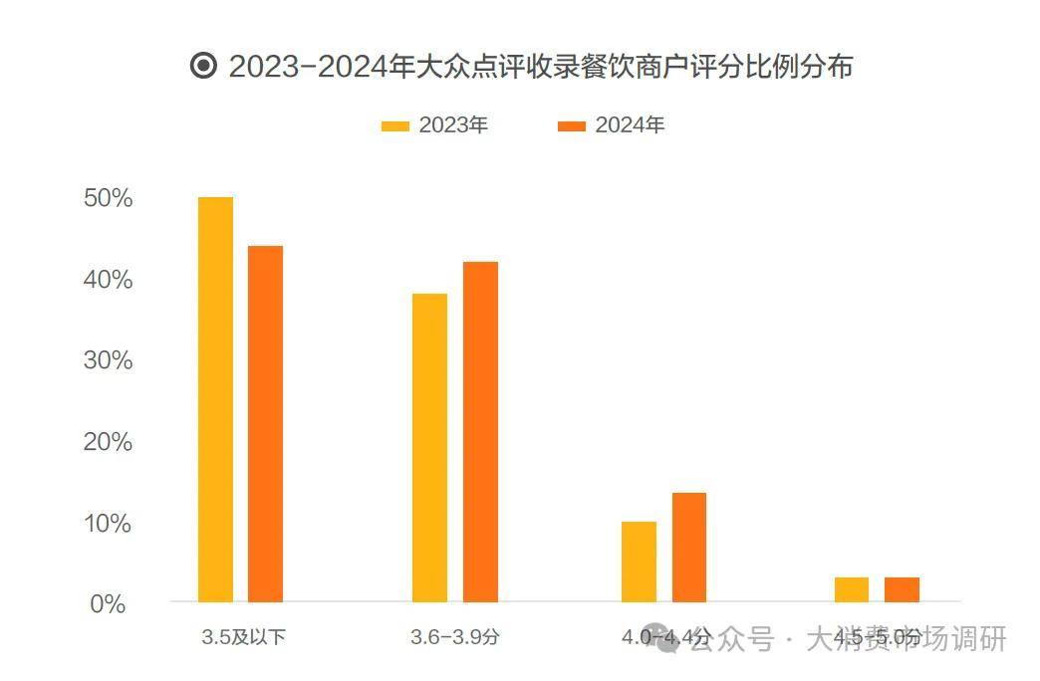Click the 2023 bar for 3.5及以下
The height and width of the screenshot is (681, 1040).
pos(215,399)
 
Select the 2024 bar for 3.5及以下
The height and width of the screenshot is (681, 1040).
pos(265,423)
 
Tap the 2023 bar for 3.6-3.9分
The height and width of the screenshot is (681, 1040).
pos(429,447)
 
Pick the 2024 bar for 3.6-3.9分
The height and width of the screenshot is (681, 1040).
pos(480,431)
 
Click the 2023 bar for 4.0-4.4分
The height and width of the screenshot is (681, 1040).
pos(639,562)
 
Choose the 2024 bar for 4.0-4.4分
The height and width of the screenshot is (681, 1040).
pos(688,547)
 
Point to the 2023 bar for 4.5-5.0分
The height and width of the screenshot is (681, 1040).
pos(852,589)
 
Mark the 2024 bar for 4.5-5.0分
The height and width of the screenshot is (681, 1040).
pos(902,589)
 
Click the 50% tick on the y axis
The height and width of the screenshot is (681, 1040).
pos(109,198)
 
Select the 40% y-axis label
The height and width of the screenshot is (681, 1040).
pos(109,280)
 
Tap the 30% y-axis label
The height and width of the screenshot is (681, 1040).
pos(109,360)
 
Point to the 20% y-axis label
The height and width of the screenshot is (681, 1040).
pos(109,442)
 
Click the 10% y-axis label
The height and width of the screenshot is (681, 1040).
pos(109,524)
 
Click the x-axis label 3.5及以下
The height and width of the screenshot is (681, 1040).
pos(243,637)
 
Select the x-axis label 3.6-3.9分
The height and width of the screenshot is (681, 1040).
pos(454,637)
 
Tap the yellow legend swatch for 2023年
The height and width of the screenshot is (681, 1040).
pos(395,126)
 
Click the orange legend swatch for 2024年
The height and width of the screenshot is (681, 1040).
pos(572,126)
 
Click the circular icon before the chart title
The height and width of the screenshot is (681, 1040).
pos(203,67)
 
